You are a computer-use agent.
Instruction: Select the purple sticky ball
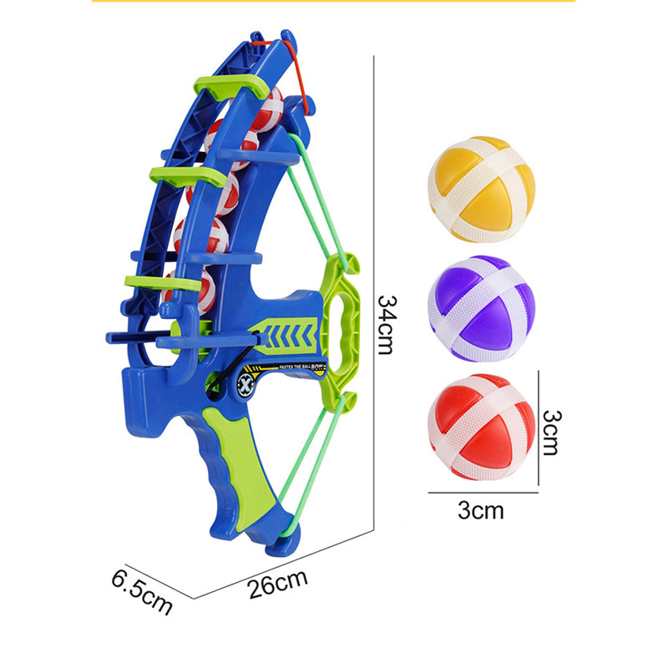pyautogui.click(x=480, y=307)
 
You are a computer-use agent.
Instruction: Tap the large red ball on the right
pyautogui.click(x=481, y=426)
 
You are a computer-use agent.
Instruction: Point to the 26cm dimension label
pyautogui.click(x=277, y=582)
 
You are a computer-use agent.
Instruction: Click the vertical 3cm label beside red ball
pyautogui.click(x=549, y=431)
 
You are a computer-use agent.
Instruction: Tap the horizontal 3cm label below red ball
pyautogui.click(x=480, y=510)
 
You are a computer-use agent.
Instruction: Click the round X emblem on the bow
pyautogui.click(x=248, y=384)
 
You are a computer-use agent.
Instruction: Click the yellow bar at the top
pyautogui.click(x=333, y=2)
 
